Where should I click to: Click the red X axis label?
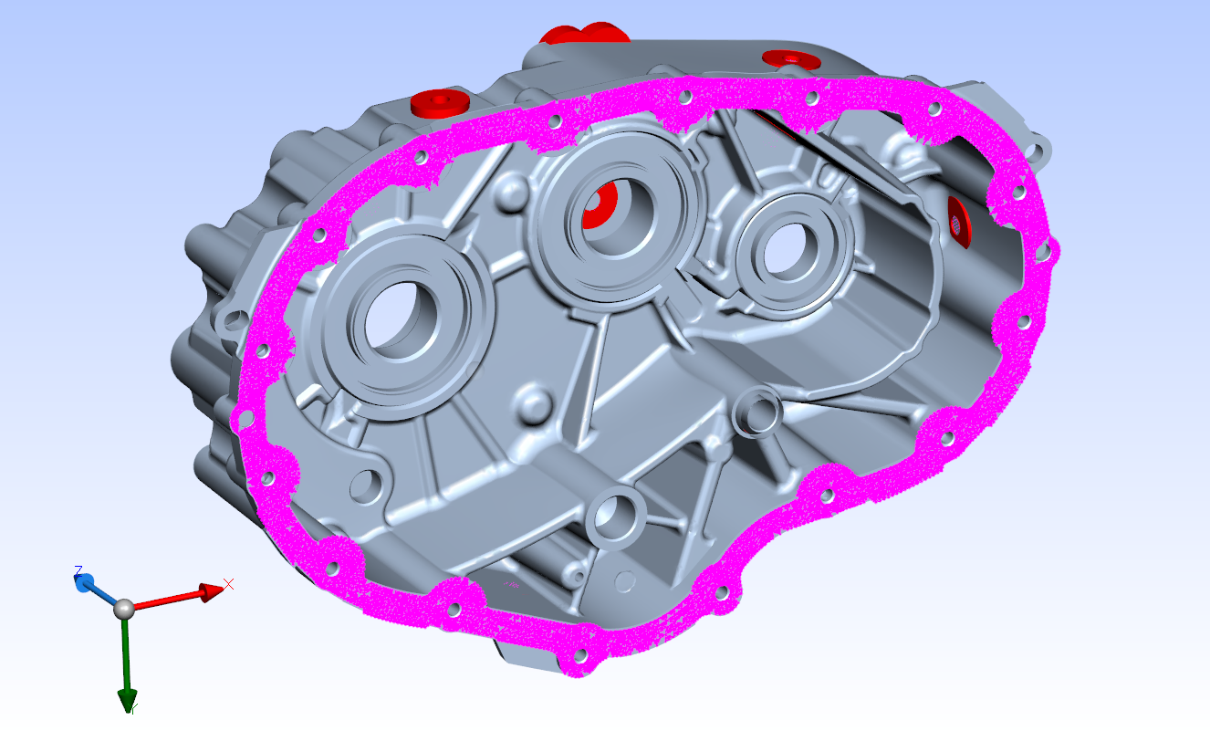pos(229,583)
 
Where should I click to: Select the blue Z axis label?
pos(78,570)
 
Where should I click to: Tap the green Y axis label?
pos(133,708)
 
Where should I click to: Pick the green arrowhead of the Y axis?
pos(126,699)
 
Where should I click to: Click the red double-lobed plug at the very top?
pos(584,34)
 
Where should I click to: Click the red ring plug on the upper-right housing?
pos(791,59)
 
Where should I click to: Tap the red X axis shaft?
pos(169,600)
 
